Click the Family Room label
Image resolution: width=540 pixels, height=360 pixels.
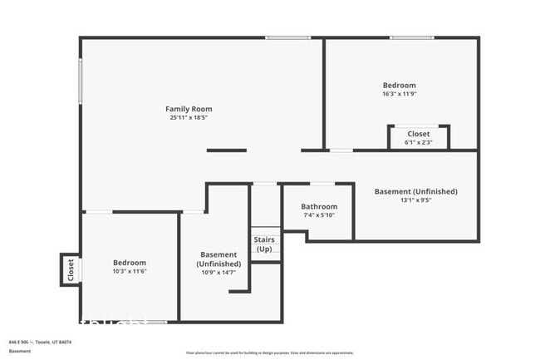click(189, 109)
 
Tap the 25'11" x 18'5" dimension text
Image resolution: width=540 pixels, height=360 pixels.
click(189, 118)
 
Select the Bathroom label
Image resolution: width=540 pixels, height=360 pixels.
click(319, 207)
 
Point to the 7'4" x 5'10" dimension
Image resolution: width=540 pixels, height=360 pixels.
click(319, 216)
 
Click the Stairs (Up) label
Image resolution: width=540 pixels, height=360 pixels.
click(264, 244)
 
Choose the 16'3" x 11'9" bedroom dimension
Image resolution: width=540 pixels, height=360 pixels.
click(399, 94)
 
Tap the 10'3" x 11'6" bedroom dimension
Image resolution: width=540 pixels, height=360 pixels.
click(130, 272)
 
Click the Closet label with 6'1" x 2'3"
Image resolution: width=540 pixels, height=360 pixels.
click(418, 134)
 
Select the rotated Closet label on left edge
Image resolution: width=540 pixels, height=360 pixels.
click(71, 269)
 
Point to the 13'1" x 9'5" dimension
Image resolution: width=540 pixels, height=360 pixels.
click(415, 200)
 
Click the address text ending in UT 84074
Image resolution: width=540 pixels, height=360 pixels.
click(40, 342)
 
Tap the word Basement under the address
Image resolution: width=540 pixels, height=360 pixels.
click(20, 351)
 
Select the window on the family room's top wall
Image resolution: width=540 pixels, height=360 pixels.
click(287, 37)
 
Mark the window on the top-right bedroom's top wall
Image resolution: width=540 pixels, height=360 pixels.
click(412, 37)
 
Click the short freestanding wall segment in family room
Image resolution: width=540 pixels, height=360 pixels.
click(226, 150)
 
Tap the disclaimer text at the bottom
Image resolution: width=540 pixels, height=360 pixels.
click(269, 354)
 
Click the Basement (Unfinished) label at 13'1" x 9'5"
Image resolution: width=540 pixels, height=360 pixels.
click(415, 191)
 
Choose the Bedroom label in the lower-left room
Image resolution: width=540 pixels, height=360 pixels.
click(130, 263)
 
